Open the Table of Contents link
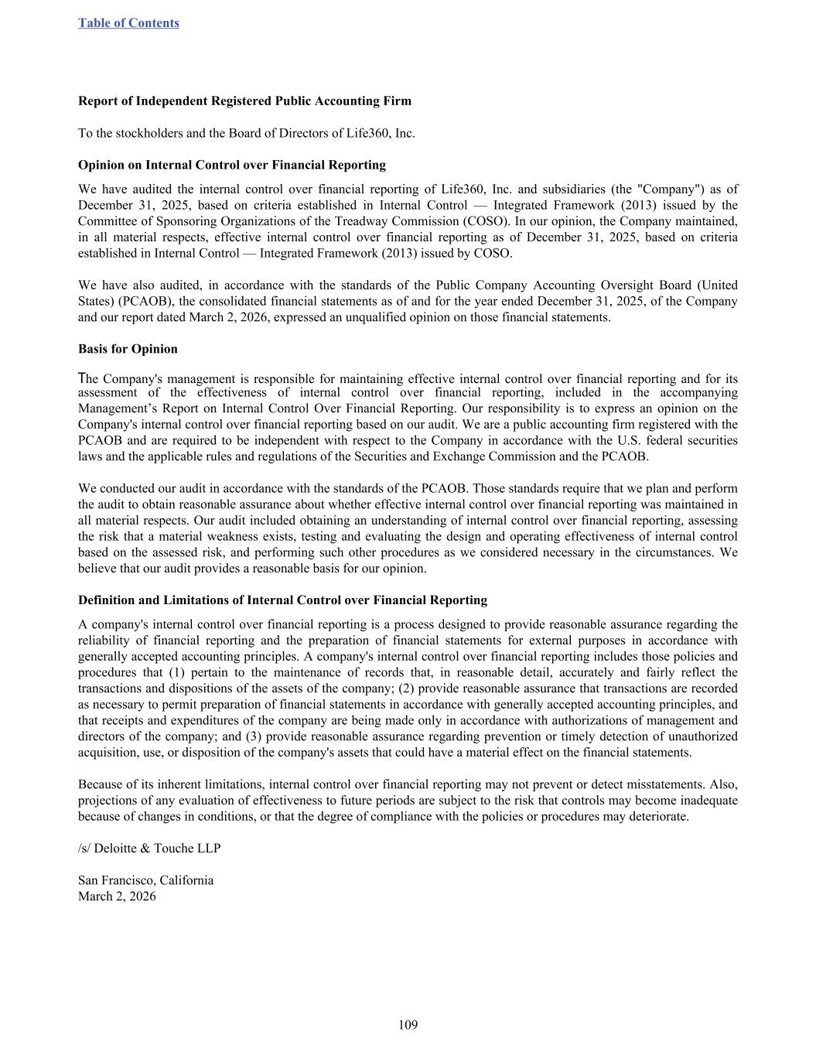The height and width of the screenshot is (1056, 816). click(128, 23)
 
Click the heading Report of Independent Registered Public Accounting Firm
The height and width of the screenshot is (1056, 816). click(244, 101)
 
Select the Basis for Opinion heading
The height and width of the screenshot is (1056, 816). click(128, 349)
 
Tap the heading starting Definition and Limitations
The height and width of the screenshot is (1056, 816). click(282, 600)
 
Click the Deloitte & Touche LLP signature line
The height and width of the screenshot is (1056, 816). click(149, 849)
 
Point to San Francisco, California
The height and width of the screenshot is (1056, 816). click(145, 880)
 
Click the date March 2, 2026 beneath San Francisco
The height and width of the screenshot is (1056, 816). click(117, 897)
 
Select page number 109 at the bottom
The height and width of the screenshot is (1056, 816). click(408, 1026)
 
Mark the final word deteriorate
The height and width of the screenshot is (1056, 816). click(660, 817)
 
